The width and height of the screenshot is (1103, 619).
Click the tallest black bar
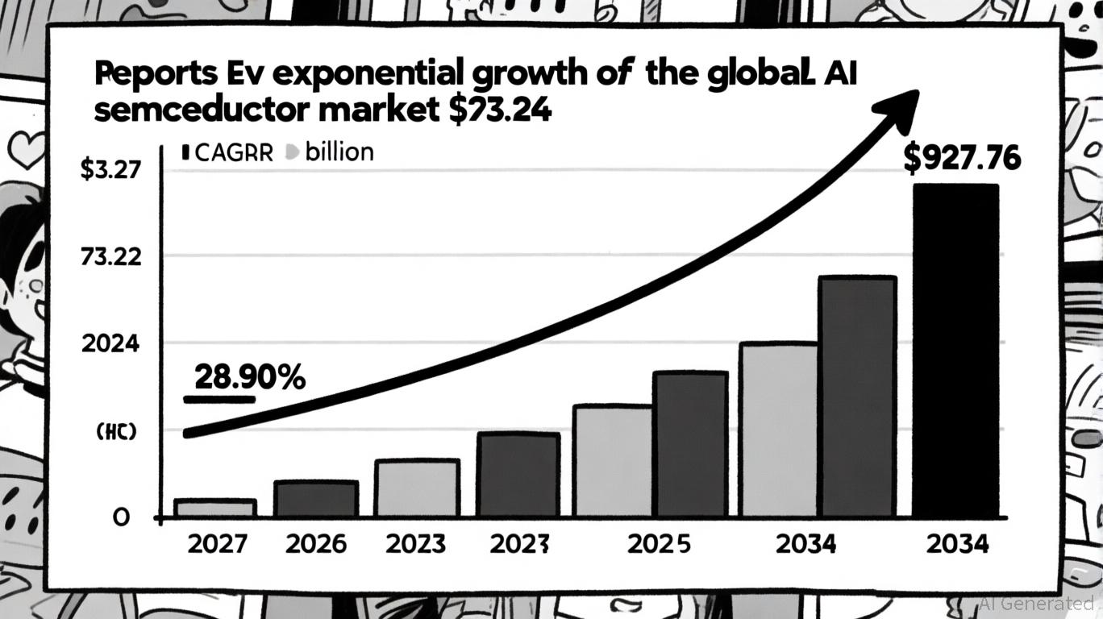[955, 351]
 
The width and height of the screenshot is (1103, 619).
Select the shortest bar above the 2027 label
[215, 508]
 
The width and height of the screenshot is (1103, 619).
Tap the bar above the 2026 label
[315, 498]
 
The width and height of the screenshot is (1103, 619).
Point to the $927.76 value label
[961, 159]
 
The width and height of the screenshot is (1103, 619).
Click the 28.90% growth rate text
[250, 376]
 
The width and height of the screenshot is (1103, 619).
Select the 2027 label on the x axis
[215, 544]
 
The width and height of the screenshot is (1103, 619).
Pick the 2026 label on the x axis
[315, 544]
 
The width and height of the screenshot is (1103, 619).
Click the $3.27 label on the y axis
[110, 171]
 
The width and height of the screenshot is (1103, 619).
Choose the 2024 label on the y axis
[110, 344]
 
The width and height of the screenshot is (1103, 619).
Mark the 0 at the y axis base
[120, 517]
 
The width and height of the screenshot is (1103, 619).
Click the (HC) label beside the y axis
[116, 432]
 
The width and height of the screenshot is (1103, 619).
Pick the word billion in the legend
[339, 152]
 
